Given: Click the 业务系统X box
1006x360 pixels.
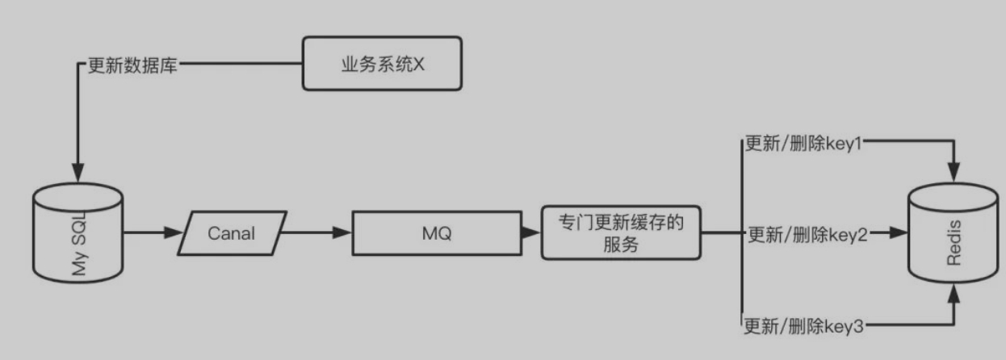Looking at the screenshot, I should (382, 63).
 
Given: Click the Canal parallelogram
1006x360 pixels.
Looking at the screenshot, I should (232, 234).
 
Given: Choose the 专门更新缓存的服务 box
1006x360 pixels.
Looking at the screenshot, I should (620, 233).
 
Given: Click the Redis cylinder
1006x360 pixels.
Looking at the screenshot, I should (954, 234).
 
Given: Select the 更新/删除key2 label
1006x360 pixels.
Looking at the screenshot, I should (807, 235).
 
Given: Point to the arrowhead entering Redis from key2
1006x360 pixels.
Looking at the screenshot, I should (898, 234).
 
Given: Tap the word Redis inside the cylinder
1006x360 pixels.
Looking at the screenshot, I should (955, 235).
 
